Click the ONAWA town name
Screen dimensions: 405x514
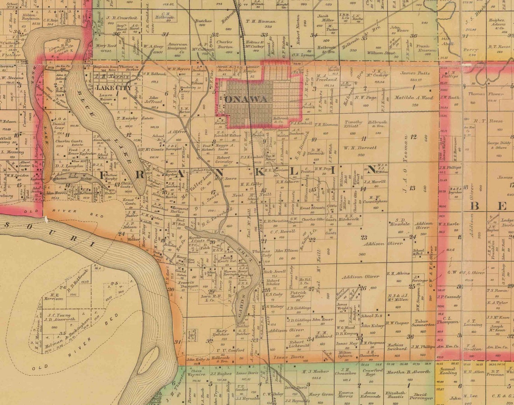coord(246,99)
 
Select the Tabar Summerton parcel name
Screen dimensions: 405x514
coord(423,323)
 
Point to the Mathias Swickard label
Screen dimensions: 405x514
coord(397,346)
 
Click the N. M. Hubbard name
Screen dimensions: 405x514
coord(324,335)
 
